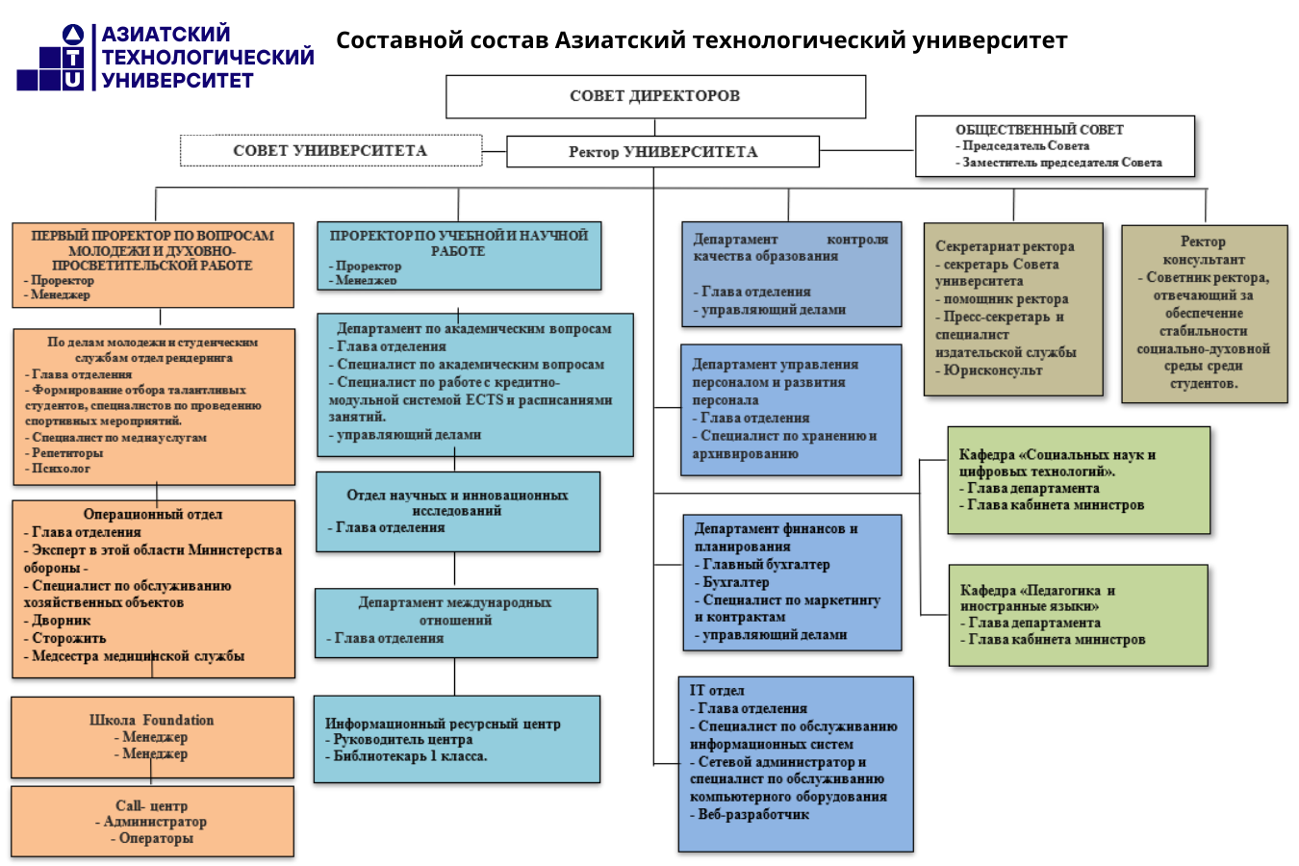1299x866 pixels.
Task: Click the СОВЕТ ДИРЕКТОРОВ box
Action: [x=655, y=96]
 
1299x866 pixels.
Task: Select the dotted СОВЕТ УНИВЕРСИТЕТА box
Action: [x=330, y=150]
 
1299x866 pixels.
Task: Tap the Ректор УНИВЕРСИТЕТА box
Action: [x=663, y=151]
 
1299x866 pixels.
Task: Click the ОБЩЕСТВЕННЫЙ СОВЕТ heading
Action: [x=1039, y=130]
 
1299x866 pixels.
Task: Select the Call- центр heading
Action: [x=151, y=805]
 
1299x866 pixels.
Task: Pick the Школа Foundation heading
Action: [x=151, y=720]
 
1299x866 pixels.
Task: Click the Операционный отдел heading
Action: [x=152, y=514]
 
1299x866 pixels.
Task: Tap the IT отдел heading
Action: [x=717, y=690]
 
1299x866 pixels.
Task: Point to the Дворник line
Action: [x=62, y=621]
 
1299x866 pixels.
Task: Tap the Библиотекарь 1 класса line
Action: [x=410, y=756]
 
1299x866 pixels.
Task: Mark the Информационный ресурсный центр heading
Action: [x=443, y=724]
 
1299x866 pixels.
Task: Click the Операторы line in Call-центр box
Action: [x=156, y=838]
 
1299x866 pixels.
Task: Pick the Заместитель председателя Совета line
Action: [x=1062, y=163]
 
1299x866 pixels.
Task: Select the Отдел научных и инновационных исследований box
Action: [x=457, y=510]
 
